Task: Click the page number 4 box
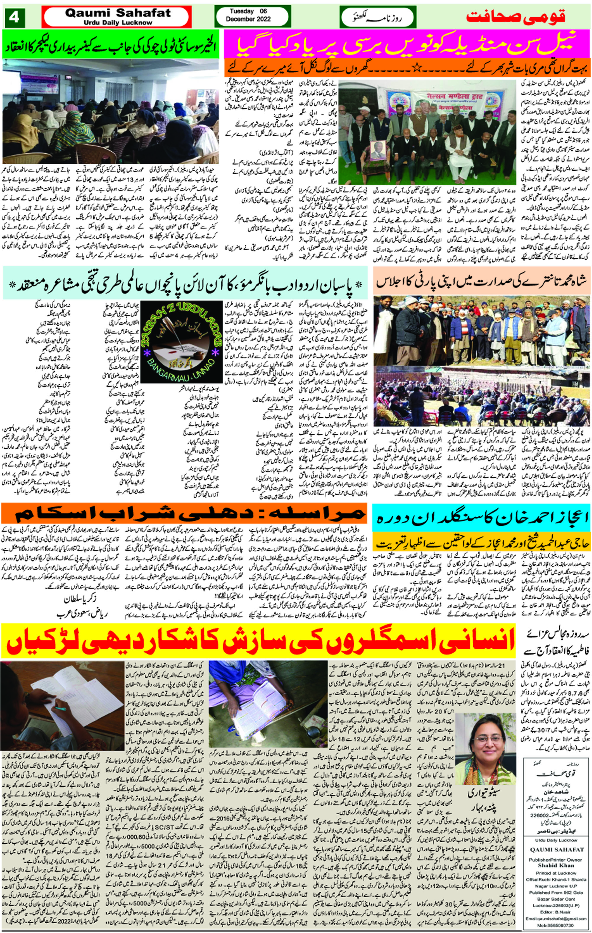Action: tap(14, 18)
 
